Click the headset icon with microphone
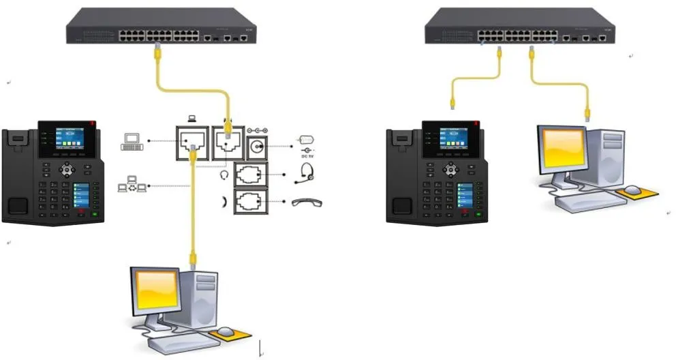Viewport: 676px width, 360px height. [306, 172]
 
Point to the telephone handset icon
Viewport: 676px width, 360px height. [306, 202]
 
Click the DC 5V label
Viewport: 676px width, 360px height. [306, 156]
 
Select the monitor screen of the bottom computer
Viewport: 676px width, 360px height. [157, 290]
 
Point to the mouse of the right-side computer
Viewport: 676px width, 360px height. [633, 190]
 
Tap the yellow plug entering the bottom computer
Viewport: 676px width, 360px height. [194, 259]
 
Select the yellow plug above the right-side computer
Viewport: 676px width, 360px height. [587, 116]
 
